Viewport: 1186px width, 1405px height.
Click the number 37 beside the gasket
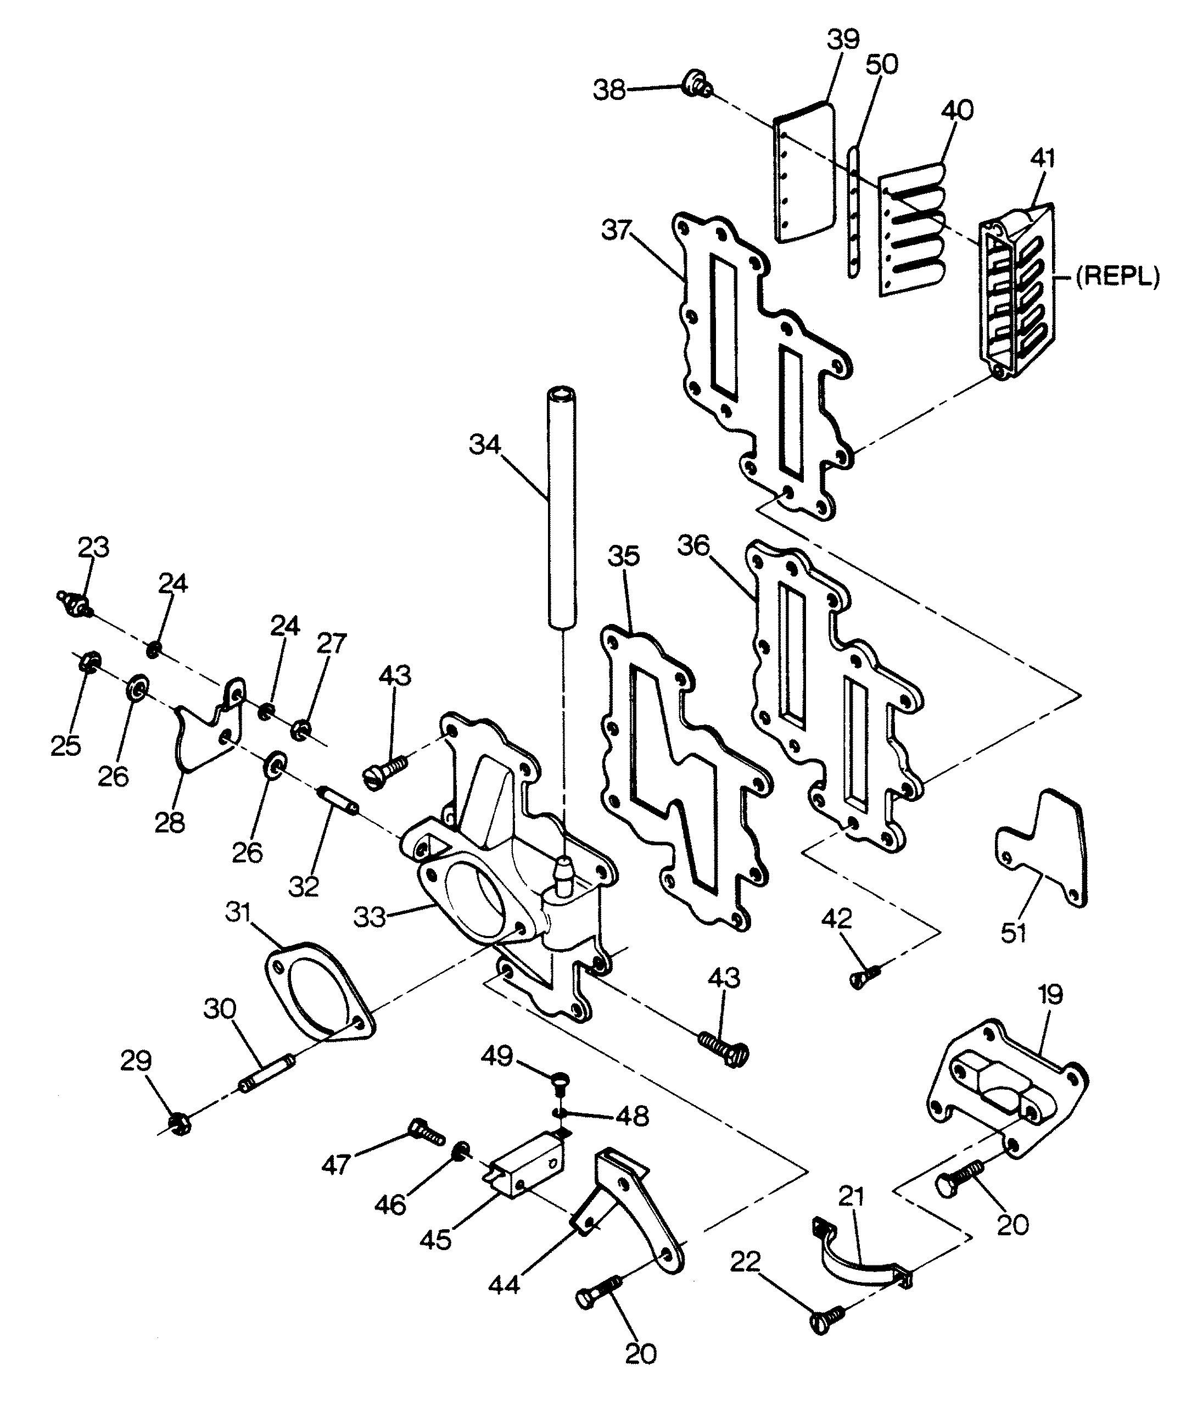click(x=617, y=231)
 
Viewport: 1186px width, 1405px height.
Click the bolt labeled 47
click(x=426, y=1133)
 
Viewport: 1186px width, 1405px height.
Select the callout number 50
click(x=881, y=65)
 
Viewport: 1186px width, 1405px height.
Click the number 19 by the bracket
click(x=1050, y=994)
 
